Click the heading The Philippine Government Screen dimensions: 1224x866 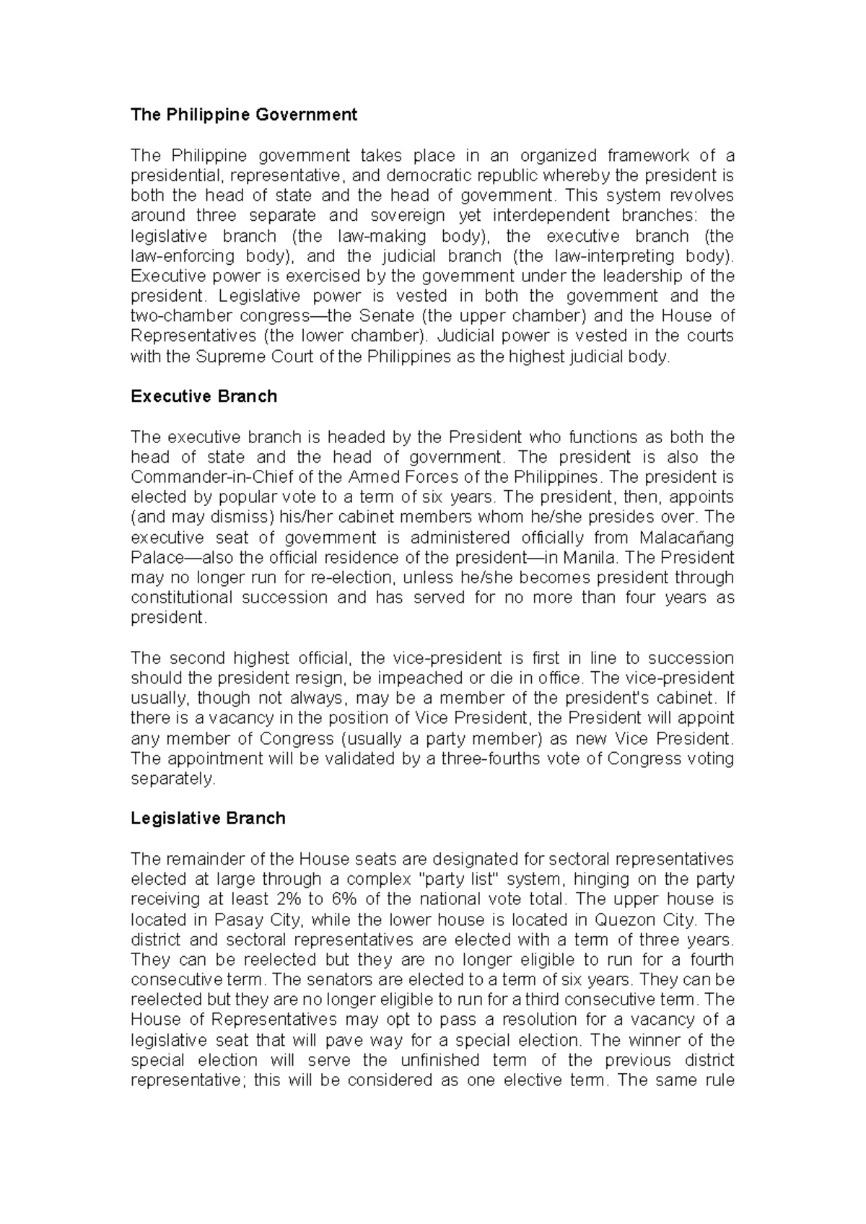tap(244, 115)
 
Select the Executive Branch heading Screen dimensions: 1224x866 tap(204, 396)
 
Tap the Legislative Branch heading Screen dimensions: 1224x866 tap(208, 818)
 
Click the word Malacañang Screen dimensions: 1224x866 tap(686, 538)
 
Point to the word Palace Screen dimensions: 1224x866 tap(155, 558)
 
